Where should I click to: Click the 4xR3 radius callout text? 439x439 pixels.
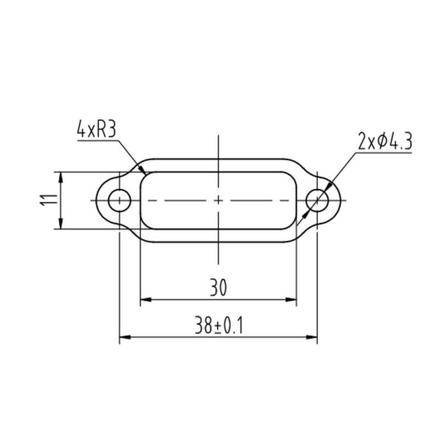pos(97,130)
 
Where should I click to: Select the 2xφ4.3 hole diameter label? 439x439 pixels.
pos(385,142)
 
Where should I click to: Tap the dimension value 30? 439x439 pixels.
pos(218,287)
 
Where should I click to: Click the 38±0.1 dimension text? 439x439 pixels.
pos(218,325)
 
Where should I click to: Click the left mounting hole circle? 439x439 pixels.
pos(120,200)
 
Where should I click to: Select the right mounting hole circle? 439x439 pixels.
pos(317,200)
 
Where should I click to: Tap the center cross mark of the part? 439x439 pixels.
pos(218,200)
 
